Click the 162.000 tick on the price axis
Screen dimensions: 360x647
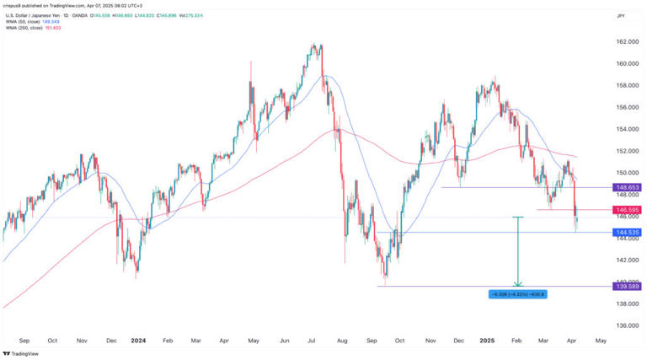point(625,42)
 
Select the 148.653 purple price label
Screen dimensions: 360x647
point(625,187)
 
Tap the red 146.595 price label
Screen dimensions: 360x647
point(625,209)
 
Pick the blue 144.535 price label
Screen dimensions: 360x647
point(625,232)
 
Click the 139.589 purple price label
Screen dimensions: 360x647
point(625,286)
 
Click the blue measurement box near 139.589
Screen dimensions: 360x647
point(517,293)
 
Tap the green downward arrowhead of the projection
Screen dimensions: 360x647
point(518,283)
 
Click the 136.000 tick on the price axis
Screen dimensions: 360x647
point(625,325)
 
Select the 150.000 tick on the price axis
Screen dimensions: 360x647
point(625,173)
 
